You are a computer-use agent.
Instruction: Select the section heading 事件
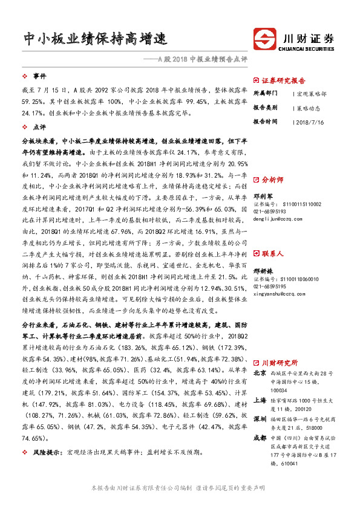point(39,76)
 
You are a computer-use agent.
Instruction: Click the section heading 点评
point(39,128)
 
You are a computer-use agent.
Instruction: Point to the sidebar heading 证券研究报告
point(284,80)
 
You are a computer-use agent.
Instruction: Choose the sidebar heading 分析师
point(276,180)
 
